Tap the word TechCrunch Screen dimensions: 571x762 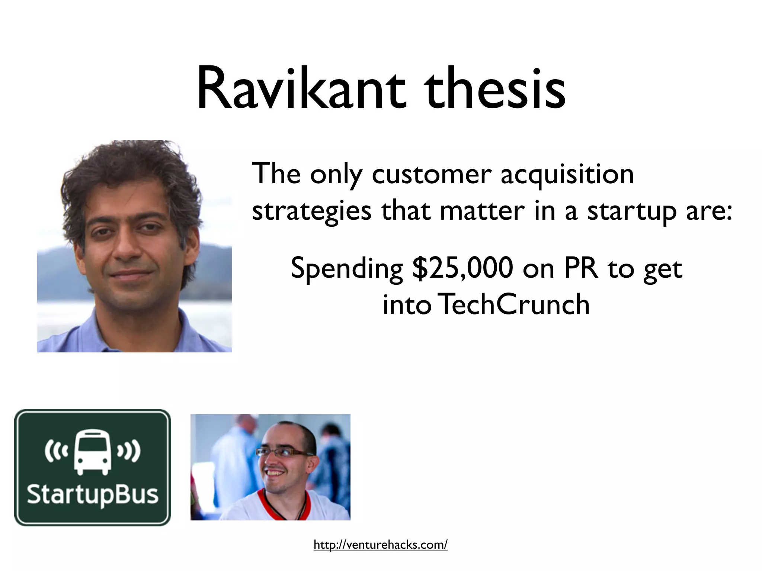click(514, 304)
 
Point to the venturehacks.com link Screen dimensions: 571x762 click(380, 545)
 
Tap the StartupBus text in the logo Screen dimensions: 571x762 click(92, 494)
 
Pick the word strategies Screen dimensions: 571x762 click(311, 211)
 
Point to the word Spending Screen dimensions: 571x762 click(346, 268)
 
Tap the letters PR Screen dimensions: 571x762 click(581, 268)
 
